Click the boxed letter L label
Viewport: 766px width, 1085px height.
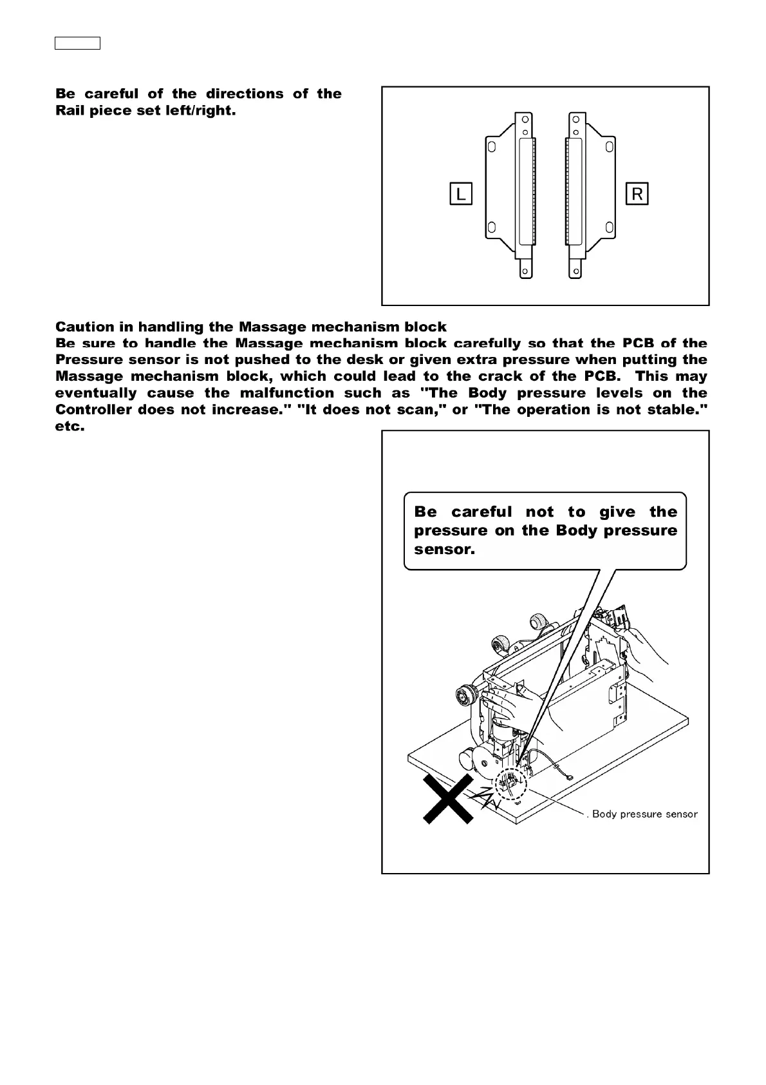461,194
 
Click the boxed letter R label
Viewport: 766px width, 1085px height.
637,194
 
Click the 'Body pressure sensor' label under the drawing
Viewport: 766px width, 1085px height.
644,814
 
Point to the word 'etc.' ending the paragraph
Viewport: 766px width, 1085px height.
70,427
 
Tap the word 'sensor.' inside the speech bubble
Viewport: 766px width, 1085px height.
444,550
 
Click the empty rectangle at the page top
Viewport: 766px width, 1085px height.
77,44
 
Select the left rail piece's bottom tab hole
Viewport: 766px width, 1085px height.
526,271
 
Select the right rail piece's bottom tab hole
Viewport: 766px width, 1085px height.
575,271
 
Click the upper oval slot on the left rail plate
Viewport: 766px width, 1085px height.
491,148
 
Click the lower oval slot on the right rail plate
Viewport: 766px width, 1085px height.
609,227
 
